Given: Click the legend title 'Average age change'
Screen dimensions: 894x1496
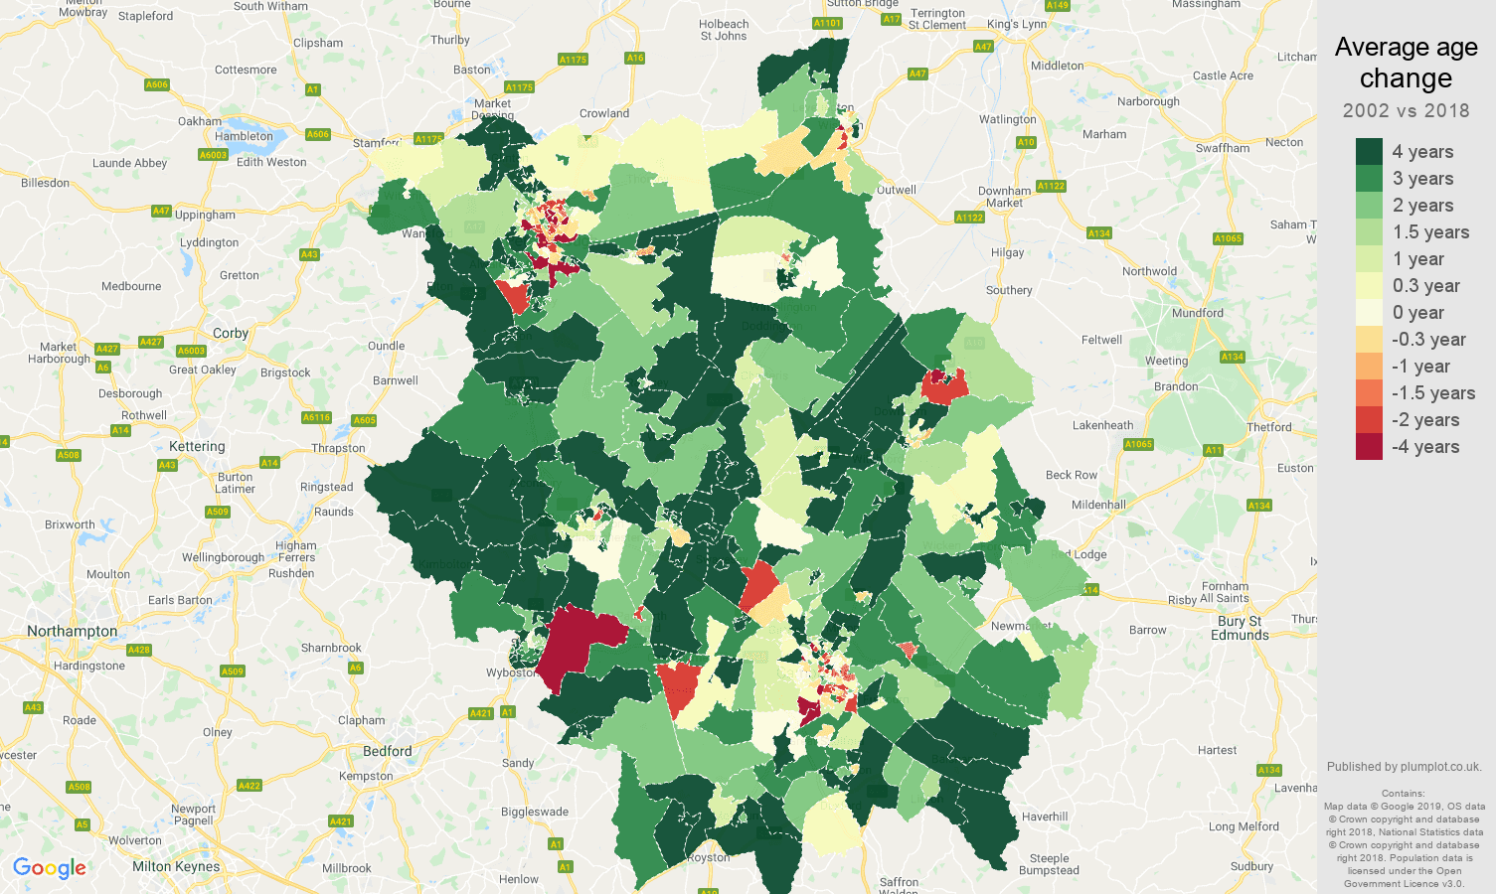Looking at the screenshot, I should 1406,63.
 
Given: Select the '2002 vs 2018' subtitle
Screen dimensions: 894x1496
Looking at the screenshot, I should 1406,110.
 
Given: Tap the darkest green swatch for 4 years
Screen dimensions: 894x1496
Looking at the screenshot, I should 1369,151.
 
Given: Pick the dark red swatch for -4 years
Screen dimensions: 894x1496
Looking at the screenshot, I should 1369,447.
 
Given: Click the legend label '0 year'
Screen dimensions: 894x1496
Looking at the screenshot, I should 1417,313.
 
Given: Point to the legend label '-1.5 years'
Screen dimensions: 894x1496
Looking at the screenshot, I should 1432,393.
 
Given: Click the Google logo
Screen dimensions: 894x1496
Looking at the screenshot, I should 50,868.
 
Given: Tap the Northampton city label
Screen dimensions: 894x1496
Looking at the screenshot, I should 72,631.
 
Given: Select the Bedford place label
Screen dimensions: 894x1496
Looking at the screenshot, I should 388,751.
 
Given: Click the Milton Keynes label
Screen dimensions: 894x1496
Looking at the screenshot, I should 176,866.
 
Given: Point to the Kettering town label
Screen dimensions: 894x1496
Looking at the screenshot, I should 197,446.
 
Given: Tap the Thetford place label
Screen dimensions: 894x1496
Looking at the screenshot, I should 1268,427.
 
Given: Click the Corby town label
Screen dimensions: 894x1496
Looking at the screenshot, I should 231,333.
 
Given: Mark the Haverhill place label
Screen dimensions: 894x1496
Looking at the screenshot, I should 1045,817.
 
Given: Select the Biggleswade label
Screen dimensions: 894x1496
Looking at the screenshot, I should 535,812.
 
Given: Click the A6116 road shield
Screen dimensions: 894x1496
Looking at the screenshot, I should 316,417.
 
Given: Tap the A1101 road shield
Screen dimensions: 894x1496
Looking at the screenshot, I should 827,23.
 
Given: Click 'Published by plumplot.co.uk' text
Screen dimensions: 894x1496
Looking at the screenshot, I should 1404,767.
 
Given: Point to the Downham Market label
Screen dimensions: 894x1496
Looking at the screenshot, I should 1004,197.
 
